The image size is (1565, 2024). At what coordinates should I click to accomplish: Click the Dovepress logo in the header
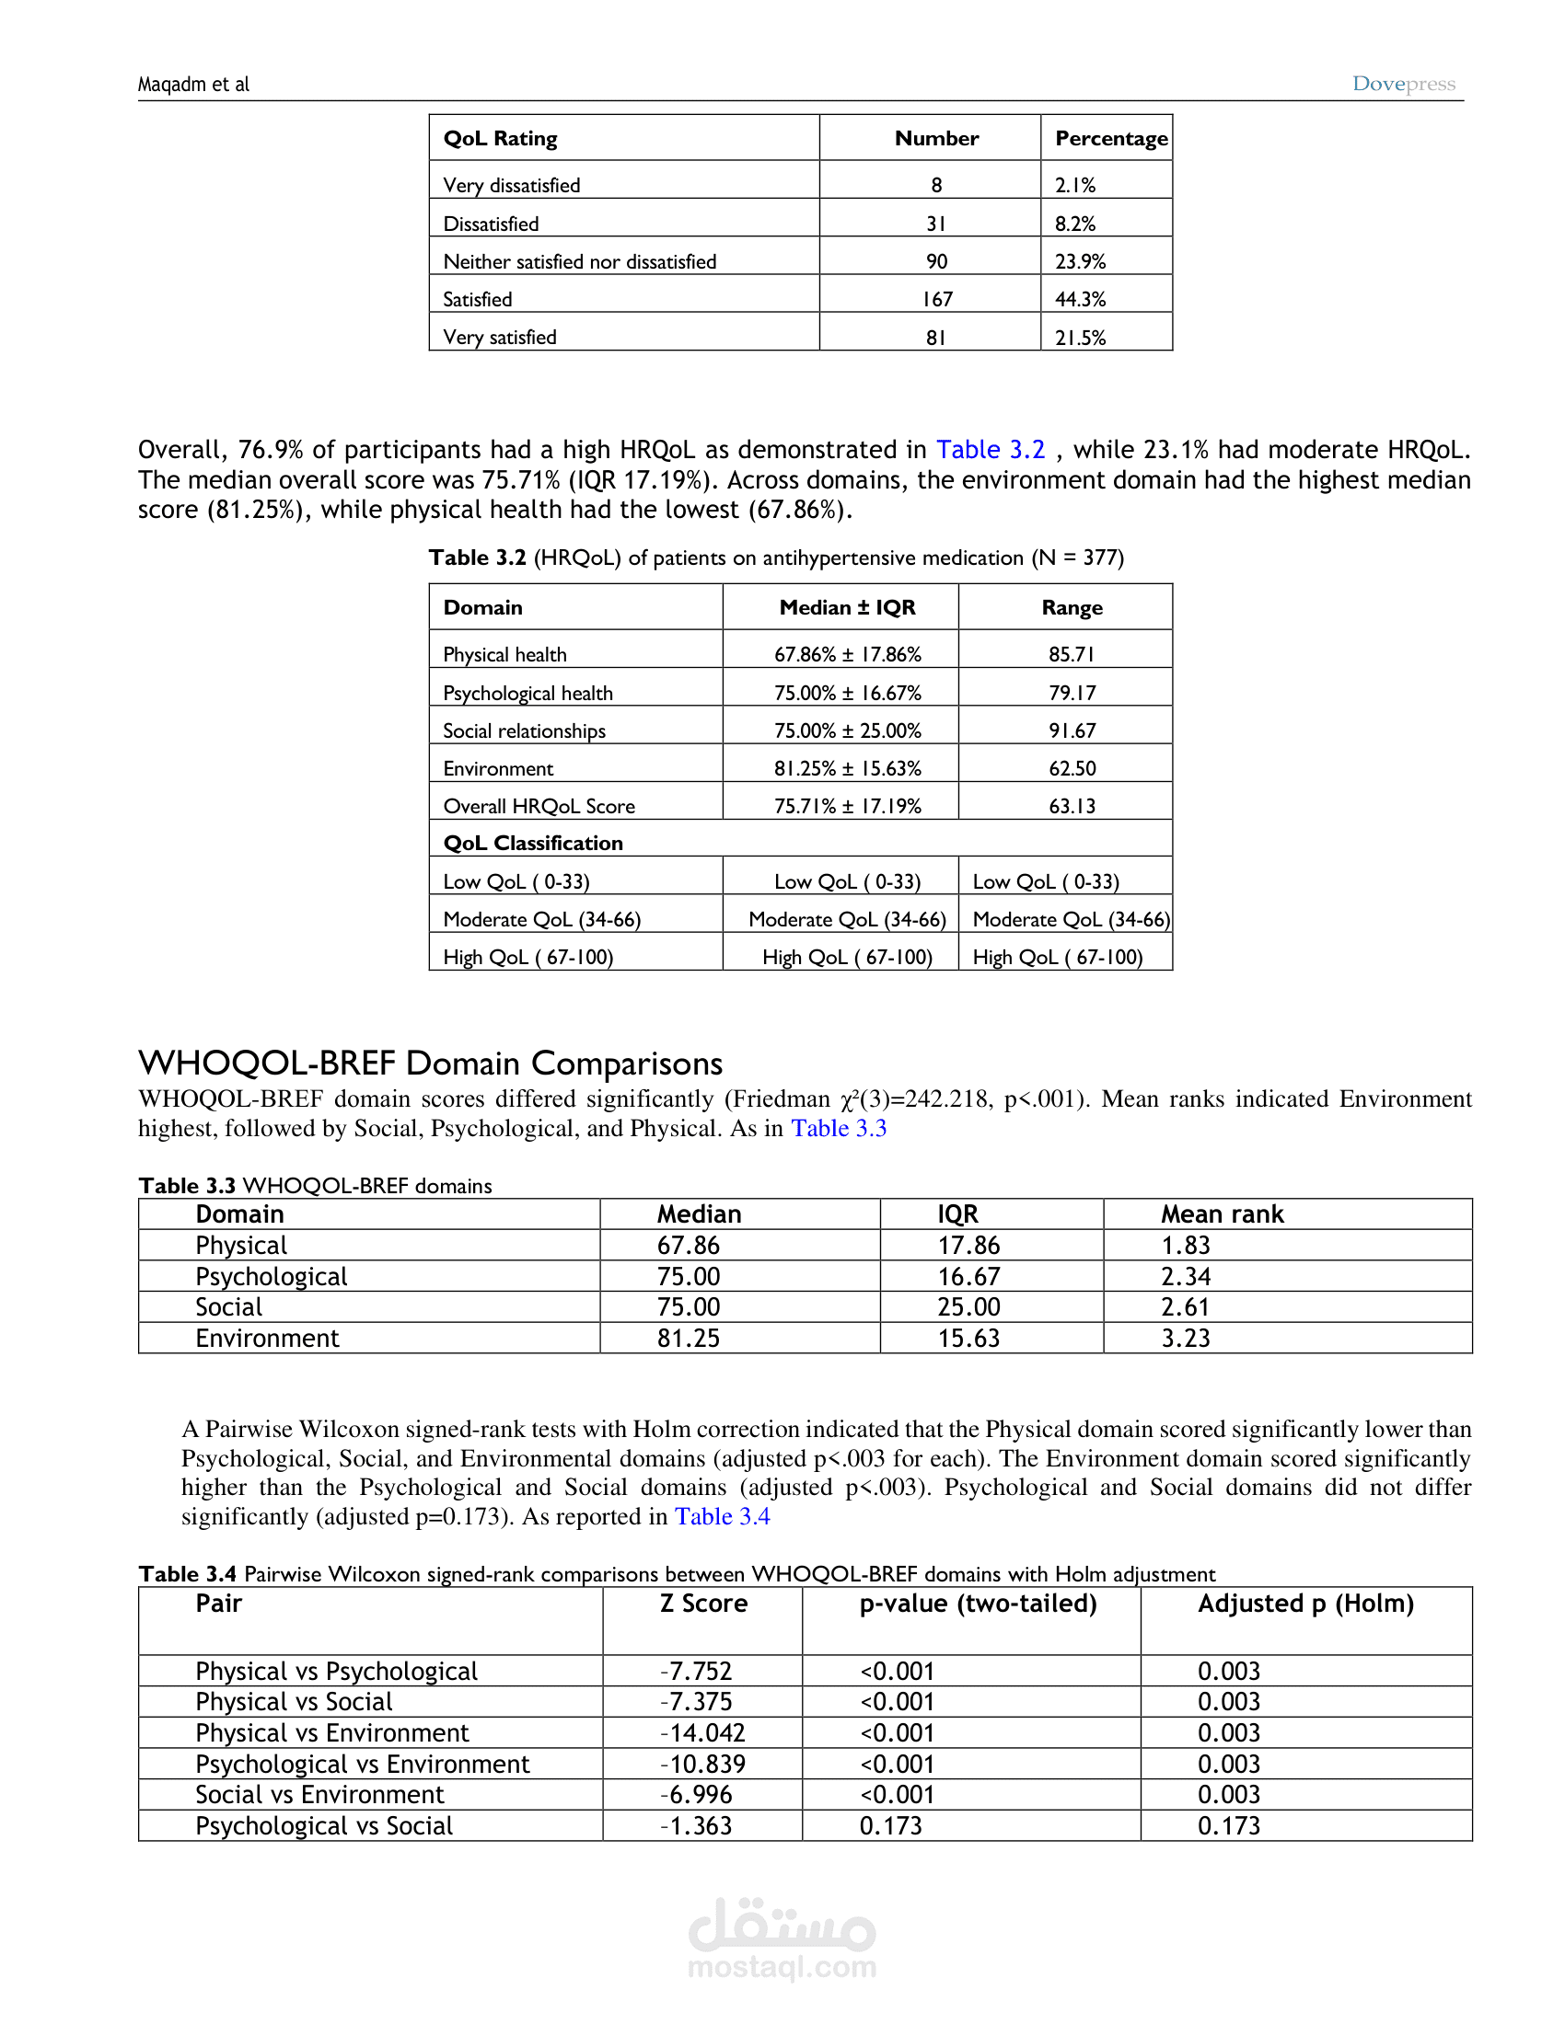tap(1403, 84)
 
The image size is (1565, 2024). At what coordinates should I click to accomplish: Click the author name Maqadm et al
tap(193, 85)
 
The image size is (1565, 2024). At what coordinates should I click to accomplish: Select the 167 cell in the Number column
tap(936, 299)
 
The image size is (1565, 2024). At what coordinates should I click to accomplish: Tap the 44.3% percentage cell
tap(1080, 299)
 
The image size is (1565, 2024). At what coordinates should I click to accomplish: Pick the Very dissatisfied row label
tap(511, 185)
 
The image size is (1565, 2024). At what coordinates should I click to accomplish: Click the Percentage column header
tap(1111, 138)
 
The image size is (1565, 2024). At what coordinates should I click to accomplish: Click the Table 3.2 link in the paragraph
tap(991, 450)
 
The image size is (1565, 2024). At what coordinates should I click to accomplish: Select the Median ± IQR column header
tap(846, 607)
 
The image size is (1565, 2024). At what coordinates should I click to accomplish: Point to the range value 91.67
tap(1072, 730)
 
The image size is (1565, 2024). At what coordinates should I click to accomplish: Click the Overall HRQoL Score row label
tap(539, 806)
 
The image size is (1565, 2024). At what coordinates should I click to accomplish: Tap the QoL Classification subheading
tap(532, 843)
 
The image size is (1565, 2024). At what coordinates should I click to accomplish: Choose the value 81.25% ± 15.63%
tap(847, 768)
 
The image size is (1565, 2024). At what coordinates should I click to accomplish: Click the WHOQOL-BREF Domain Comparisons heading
tap(430, 1063)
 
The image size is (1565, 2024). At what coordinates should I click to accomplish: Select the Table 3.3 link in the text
tap(838, 1128)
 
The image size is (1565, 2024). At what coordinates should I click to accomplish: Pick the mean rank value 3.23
tap(1185, 1339)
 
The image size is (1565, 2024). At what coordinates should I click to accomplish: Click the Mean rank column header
tap(1222, 1214)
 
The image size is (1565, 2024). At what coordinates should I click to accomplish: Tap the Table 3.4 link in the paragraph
tap(723, 1516)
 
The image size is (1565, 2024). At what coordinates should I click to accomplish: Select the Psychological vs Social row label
tap(323, 1825)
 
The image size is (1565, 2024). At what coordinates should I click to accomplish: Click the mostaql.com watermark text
tap(782, 1966)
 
